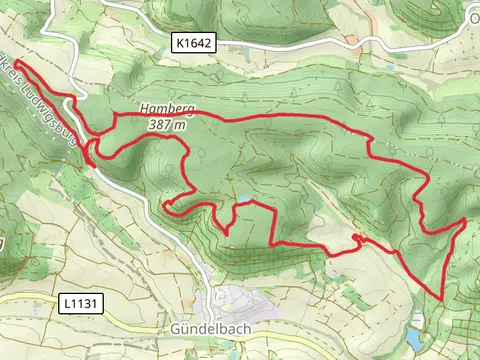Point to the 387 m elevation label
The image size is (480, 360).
(166, 125)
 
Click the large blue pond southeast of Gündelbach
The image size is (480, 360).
(416, 321)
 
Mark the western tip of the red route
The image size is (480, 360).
(16, 61)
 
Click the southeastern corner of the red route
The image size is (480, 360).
(441, 296)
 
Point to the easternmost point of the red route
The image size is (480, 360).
(467, 218)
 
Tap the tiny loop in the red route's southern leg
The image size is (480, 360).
(356, 236)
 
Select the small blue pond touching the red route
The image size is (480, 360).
(243, 200)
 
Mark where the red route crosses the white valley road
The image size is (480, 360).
(92, 155)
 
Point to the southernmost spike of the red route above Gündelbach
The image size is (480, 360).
(227, 235)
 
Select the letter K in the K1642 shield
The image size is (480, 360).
(178, 43)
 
